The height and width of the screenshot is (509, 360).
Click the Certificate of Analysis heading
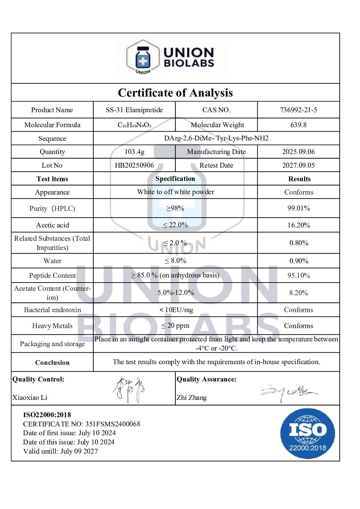175,92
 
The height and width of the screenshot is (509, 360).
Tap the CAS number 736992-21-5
298,110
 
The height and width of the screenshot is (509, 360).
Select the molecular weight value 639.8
298,125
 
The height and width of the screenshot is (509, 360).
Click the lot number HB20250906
134,165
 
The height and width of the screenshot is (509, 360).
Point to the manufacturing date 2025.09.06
298,152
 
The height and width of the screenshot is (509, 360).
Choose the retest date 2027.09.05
298,165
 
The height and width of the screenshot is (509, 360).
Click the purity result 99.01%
298,208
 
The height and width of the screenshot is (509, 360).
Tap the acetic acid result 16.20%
298,225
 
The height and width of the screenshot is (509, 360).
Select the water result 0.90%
298,261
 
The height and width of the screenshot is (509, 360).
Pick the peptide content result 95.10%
298,275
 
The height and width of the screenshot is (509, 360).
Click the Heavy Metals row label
52,326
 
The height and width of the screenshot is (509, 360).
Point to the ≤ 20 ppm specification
175,326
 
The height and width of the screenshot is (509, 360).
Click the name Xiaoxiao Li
30,397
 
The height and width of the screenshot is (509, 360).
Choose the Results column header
299,179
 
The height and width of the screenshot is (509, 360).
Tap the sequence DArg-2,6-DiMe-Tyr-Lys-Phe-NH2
216,138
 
